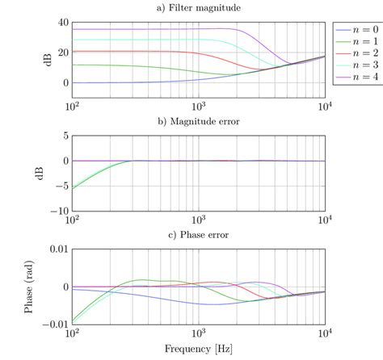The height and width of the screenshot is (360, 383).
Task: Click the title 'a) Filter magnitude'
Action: [x=199, y=7]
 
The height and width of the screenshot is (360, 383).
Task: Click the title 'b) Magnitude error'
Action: [x=199, y=122]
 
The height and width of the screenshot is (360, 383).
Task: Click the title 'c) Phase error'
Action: [x=199, y=236]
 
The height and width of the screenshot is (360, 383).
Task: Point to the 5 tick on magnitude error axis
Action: [x=65, y=136]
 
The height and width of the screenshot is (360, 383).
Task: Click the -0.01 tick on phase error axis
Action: [x=54, y=324]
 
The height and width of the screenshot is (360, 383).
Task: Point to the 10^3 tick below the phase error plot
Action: [x=198, y=335]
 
